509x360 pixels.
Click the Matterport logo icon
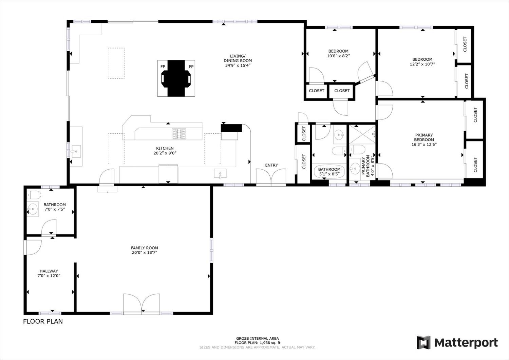click(423, 342)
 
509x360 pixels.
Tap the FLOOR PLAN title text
click(43, 321)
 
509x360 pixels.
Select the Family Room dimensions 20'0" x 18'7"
click(145, 252)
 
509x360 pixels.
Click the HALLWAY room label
click(49, 271)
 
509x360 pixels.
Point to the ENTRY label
click(271, 165)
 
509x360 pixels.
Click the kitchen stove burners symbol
click(179, 134)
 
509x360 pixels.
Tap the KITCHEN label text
click(165, 148)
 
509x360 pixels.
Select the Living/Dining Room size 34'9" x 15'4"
click(238, 65)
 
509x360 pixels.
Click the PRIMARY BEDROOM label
click(424, 137)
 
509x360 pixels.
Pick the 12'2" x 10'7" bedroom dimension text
click(422, 64)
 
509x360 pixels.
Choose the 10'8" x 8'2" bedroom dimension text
click(338, 56)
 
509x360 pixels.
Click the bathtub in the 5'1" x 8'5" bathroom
click(329, 172)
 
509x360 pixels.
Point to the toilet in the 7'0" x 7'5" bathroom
click(34, 195)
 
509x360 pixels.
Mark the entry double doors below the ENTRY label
click(271, 176)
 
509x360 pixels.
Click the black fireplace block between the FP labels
click(176, 78)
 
